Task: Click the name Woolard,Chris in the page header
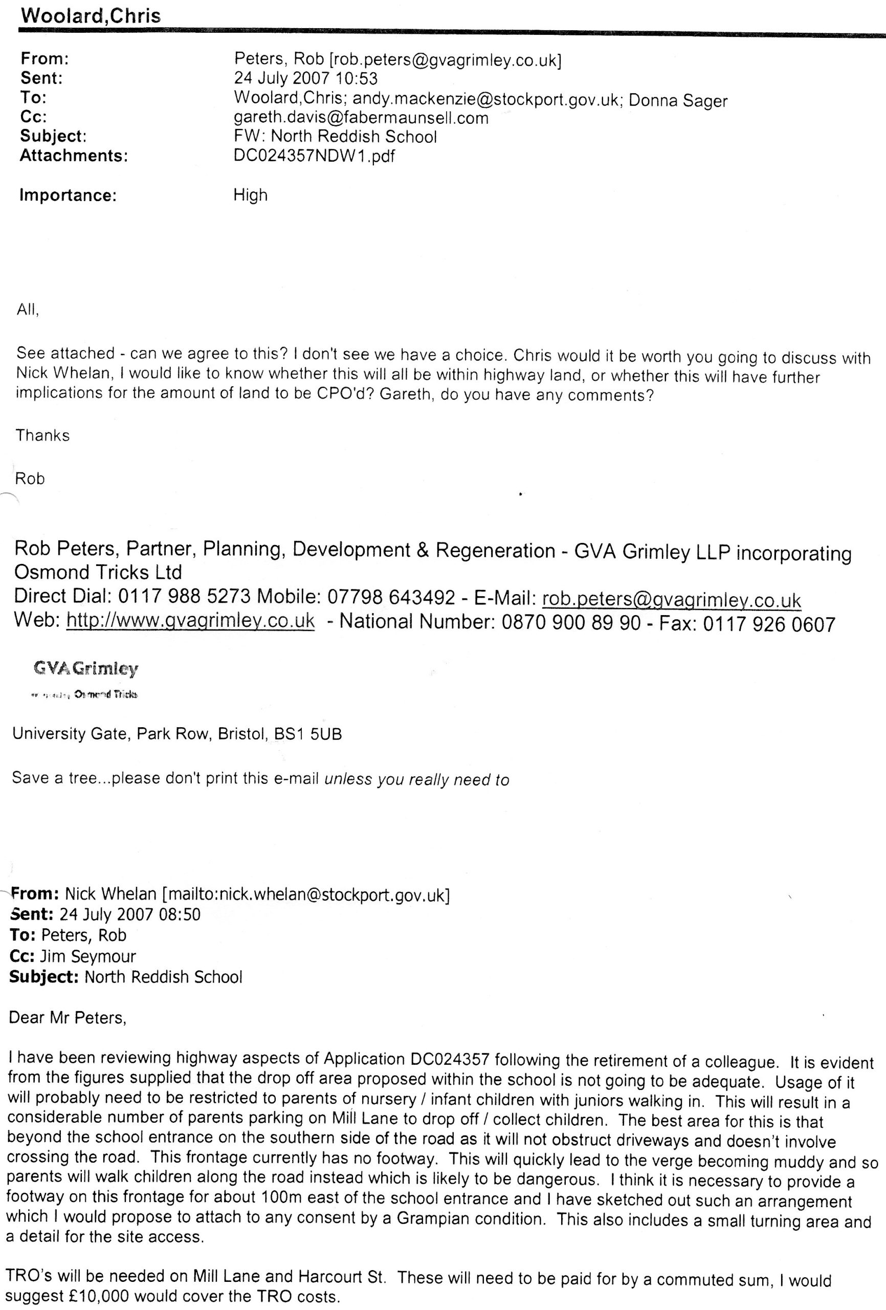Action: coord(90,15)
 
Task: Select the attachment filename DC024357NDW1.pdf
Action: coord(314,156)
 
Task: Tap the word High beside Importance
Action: coord(250,195)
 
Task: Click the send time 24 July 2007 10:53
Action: coord(305,78)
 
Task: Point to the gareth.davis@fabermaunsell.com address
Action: coord(361,118)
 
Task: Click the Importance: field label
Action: coord(68,195)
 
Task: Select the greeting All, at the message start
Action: coord(28,310)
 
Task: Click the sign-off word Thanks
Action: coord(43,435)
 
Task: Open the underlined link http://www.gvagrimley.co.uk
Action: coord(190,621)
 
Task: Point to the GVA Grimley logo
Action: coord(85,669)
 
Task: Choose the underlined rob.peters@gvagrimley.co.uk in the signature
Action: coord(671,600)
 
